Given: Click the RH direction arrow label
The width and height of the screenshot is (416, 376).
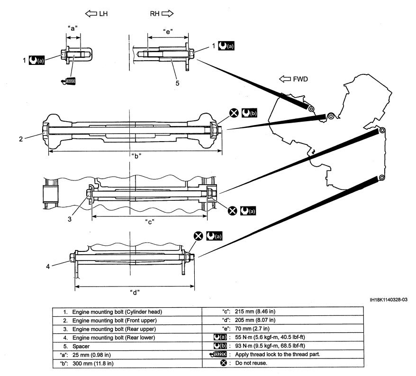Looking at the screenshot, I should click(158, 14).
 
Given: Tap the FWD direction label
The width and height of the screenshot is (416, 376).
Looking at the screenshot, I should click(293, 79).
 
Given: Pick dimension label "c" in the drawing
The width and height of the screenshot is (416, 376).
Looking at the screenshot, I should click(149, 221).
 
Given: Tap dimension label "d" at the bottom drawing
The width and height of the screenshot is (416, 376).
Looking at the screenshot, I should click(135, 291).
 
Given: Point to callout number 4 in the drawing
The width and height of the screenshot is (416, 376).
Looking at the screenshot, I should click(47, 267).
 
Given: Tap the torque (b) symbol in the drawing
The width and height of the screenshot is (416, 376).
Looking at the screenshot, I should click(248, 113).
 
